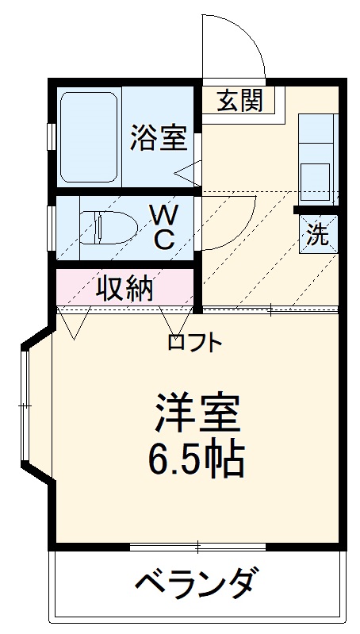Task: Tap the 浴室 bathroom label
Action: (159, 136)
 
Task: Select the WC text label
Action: (164, 226)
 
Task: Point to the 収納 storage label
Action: (125, 289)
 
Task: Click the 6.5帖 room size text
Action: (196, 458)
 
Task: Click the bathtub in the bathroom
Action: (89, 136)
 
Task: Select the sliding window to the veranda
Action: (197, 547)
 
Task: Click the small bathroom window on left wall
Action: (51, 136)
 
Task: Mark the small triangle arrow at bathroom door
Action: (188, 171)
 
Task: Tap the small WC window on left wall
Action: (51, 226)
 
